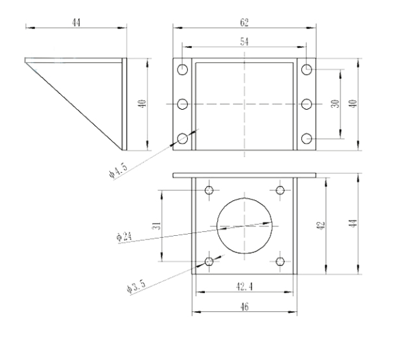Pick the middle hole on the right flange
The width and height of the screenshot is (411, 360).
pos(307,104)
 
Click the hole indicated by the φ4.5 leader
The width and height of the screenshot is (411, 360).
pos(183,139)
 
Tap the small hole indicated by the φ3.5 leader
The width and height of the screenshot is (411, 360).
pos(210,261)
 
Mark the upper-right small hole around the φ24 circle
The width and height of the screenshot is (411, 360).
pos(280,189)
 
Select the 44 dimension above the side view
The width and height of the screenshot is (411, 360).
pos(77,22)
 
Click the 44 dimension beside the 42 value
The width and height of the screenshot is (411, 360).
pos(353,224)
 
